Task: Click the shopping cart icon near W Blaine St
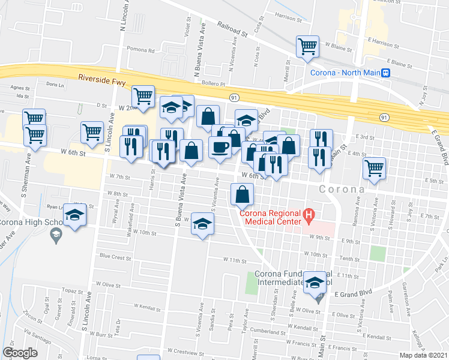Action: tap(307, 46)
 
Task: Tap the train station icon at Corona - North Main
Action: tap(387, 73)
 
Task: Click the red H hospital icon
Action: tap(309, 213)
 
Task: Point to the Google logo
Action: tap(20, 353)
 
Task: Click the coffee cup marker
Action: tap(220, 146)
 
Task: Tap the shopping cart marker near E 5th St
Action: tap(375, 168)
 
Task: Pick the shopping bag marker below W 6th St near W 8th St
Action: tap(242, 194)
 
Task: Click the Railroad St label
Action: tap(232, 31)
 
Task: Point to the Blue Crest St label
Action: tap(115, 257)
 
